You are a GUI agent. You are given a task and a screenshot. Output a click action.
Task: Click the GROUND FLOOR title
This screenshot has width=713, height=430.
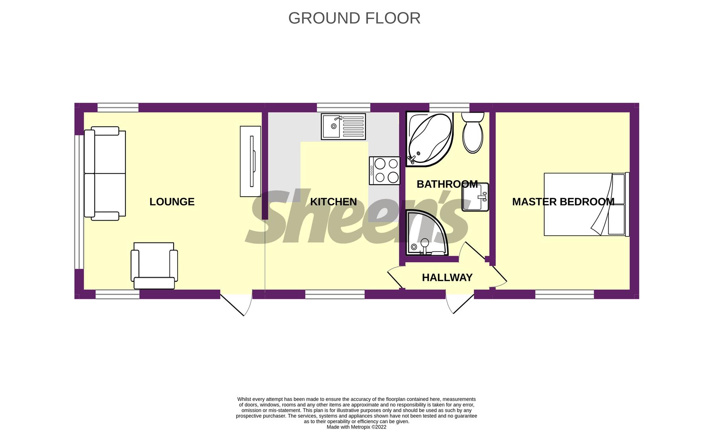tap(354, 18)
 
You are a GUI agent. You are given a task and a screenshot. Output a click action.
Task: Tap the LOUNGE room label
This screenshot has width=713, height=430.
tap(172, 202)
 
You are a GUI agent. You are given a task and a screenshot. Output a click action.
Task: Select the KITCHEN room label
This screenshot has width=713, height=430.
tap(334, 202)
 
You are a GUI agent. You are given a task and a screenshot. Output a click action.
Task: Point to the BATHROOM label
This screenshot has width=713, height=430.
tap(447, 184)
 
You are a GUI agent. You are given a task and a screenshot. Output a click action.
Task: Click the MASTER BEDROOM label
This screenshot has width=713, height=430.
tap(563, 202)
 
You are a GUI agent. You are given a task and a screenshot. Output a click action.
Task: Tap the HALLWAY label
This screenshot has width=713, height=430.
tap(447, 278)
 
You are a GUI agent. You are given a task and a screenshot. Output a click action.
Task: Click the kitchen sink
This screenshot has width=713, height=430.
tap(344, 127)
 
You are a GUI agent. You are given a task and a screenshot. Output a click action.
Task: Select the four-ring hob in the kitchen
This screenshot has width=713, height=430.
tap(385, 170)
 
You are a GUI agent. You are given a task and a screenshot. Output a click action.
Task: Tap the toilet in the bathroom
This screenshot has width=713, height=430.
tap(473, 132)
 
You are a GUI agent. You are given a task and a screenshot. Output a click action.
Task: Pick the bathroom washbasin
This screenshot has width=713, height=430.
tap(475, 197)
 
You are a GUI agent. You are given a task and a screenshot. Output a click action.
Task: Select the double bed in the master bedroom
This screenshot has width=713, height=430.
tap(586, 204)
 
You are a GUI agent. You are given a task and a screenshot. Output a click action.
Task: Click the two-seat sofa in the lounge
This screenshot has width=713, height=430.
tap(105, 174)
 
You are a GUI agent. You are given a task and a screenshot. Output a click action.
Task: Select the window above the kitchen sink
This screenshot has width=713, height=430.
tap(344, 107)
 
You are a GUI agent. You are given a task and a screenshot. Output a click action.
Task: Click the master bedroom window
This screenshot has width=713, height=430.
tap(565, 294)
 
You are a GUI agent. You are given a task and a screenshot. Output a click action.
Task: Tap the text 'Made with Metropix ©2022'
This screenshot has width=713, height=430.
tap(356, 427)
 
